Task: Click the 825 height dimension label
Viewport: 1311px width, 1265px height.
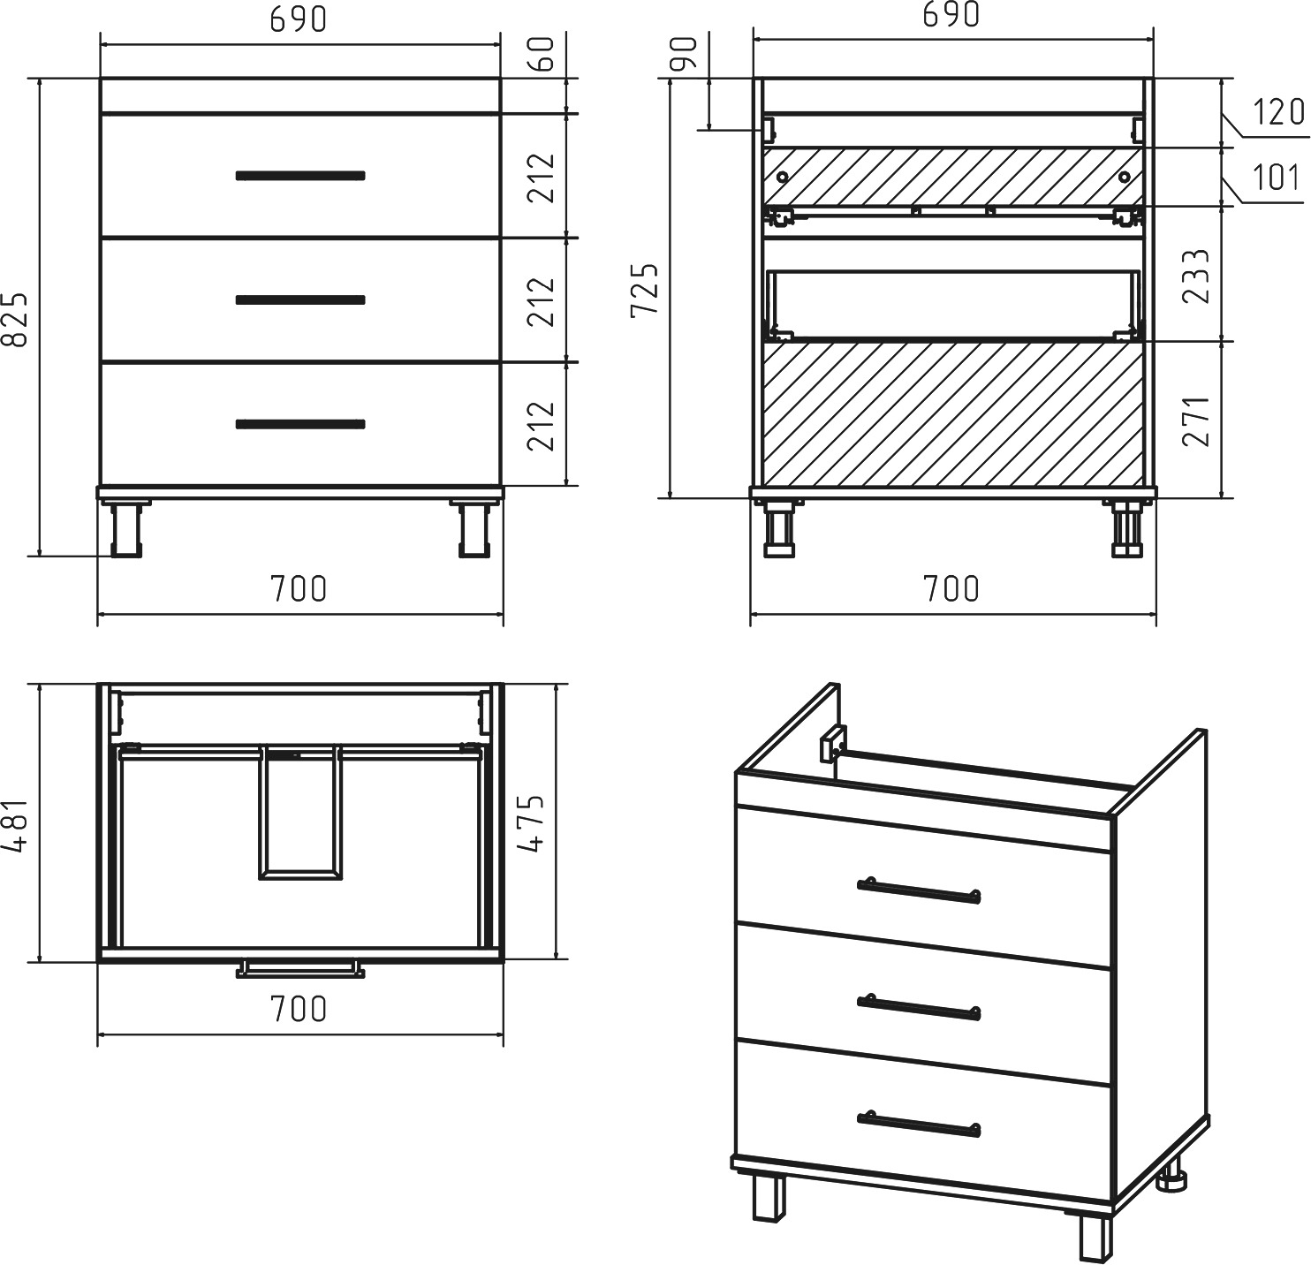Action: (16, 319)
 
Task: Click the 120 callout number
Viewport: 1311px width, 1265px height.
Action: (1278, 112)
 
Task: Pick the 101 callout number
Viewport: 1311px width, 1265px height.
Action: (1277, 178)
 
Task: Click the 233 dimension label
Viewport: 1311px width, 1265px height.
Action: (1196, 276)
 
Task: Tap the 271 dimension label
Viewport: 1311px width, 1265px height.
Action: (1196, 421)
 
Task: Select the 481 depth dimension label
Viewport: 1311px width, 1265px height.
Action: (16, 826)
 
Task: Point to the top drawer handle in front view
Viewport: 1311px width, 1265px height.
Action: (300, 176)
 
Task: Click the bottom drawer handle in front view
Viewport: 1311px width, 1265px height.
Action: (300, 424)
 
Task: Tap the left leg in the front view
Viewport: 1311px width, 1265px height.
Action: (126, 529)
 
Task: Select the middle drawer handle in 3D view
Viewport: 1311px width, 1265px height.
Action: (919, 1008)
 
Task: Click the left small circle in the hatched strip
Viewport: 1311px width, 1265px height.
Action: (782, 178)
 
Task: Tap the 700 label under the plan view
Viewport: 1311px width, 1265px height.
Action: (299, 1008)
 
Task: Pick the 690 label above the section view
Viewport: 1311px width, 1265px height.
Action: (951, 15)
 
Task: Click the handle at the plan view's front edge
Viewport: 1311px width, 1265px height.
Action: (300, 969)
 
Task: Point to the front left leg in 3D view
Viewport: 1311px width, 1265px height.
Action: (769, 1200)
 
